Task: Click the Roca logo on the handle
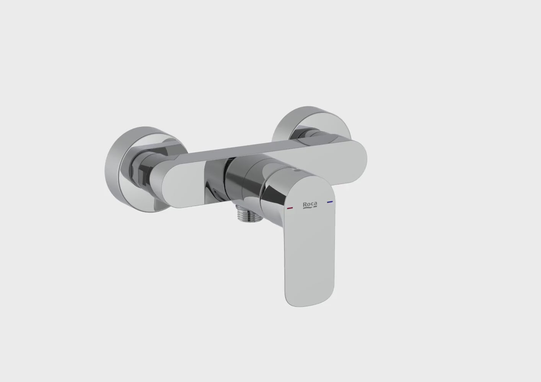coord(310,205)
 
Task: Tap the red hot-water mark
coord(290,207)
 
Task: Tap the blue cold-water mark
coord(330,202)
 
